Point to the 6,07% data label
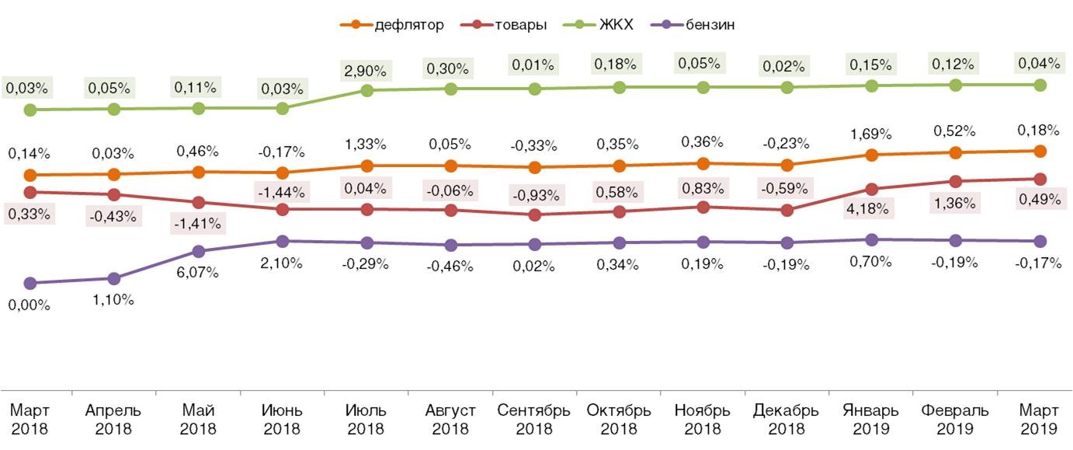[x=198, y=273]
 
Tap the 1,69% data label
[x=871, y=131]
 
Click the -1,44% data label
[x=283, y=191]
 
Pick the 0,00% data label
[x=29, y=305]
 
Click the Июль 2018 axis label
[x=366, y=419]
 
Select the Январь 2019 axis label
[x=871, y=419]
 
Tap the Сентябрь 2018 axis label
[x=534, y=419]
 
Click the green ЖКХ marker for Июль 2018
[x=366, y=90]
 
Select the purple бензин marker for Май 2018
[x=198, y=251]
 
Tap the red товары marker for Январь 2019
[x=872, y=189]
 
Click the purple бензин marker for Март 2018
[x=30, y=283]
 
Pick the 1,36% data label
[x=956, y=203]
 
